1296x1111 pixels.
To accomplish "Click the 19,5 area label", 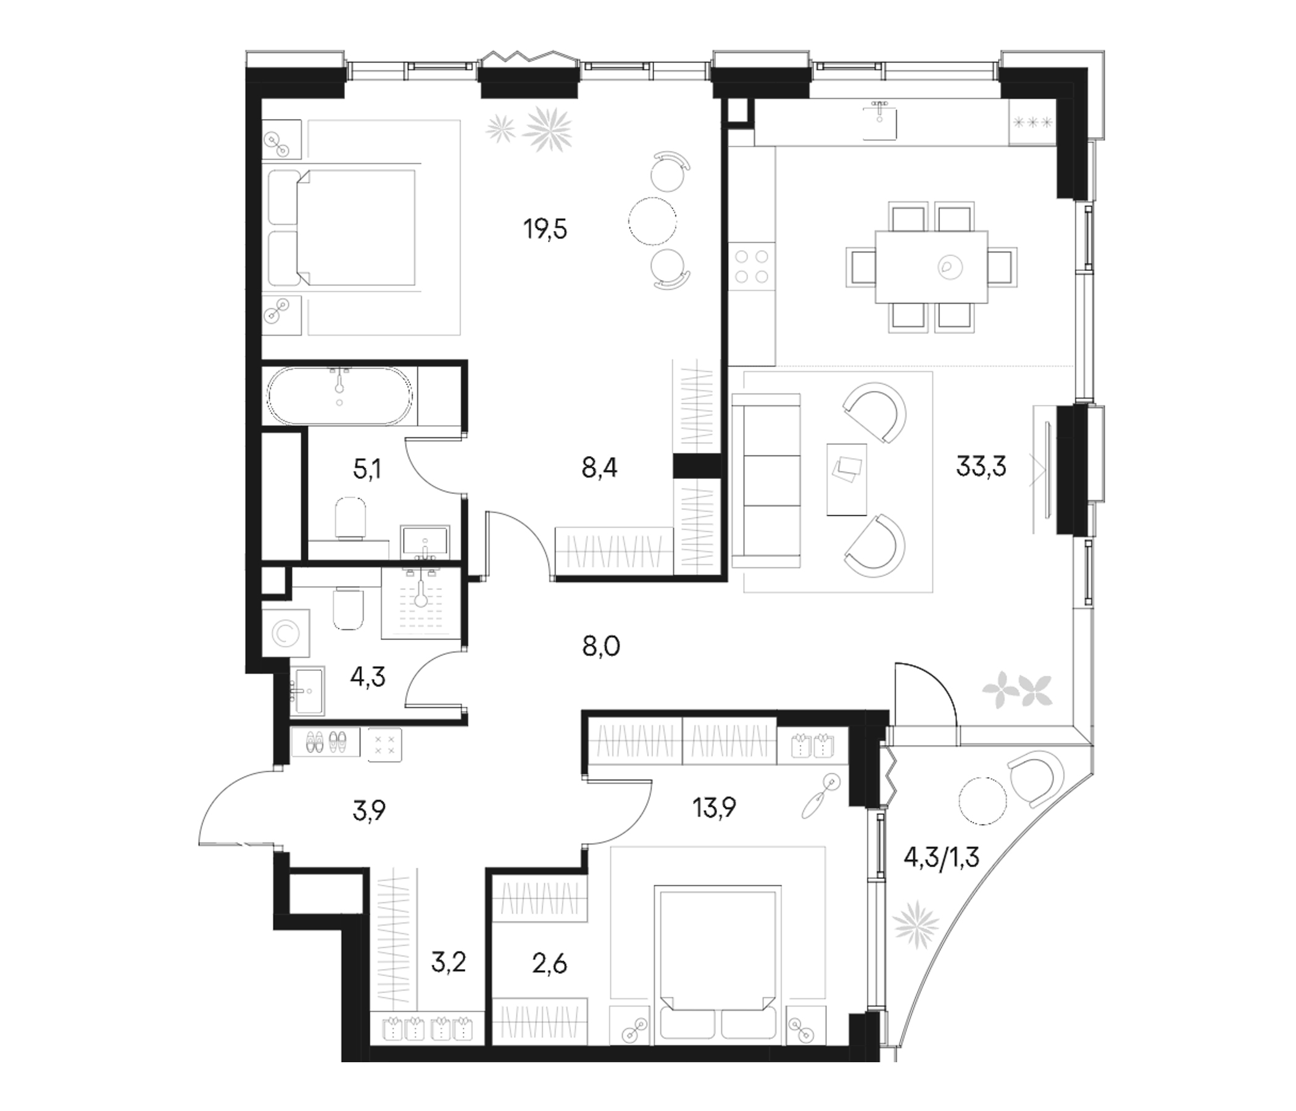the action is (x=546, y=230).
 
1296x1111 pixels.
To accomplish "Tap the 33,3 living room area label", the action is (x=981, y=466).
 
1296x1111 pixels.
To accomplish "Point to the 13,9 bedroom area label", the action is (x=713, y=808).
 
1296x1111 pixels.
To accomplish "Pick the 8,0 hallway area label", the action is (x=601, y=646).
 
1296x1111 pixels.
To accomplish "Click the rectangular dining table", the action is (x=931, y=267).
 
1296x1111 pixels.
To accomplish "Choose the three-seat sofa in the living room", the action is (x=766, y=481).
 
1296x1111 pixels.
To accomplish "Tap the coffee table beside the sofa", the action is (x=847, y=480).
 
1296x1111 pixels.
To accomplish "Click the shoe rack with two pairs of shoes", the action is (x=325, y=742).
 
